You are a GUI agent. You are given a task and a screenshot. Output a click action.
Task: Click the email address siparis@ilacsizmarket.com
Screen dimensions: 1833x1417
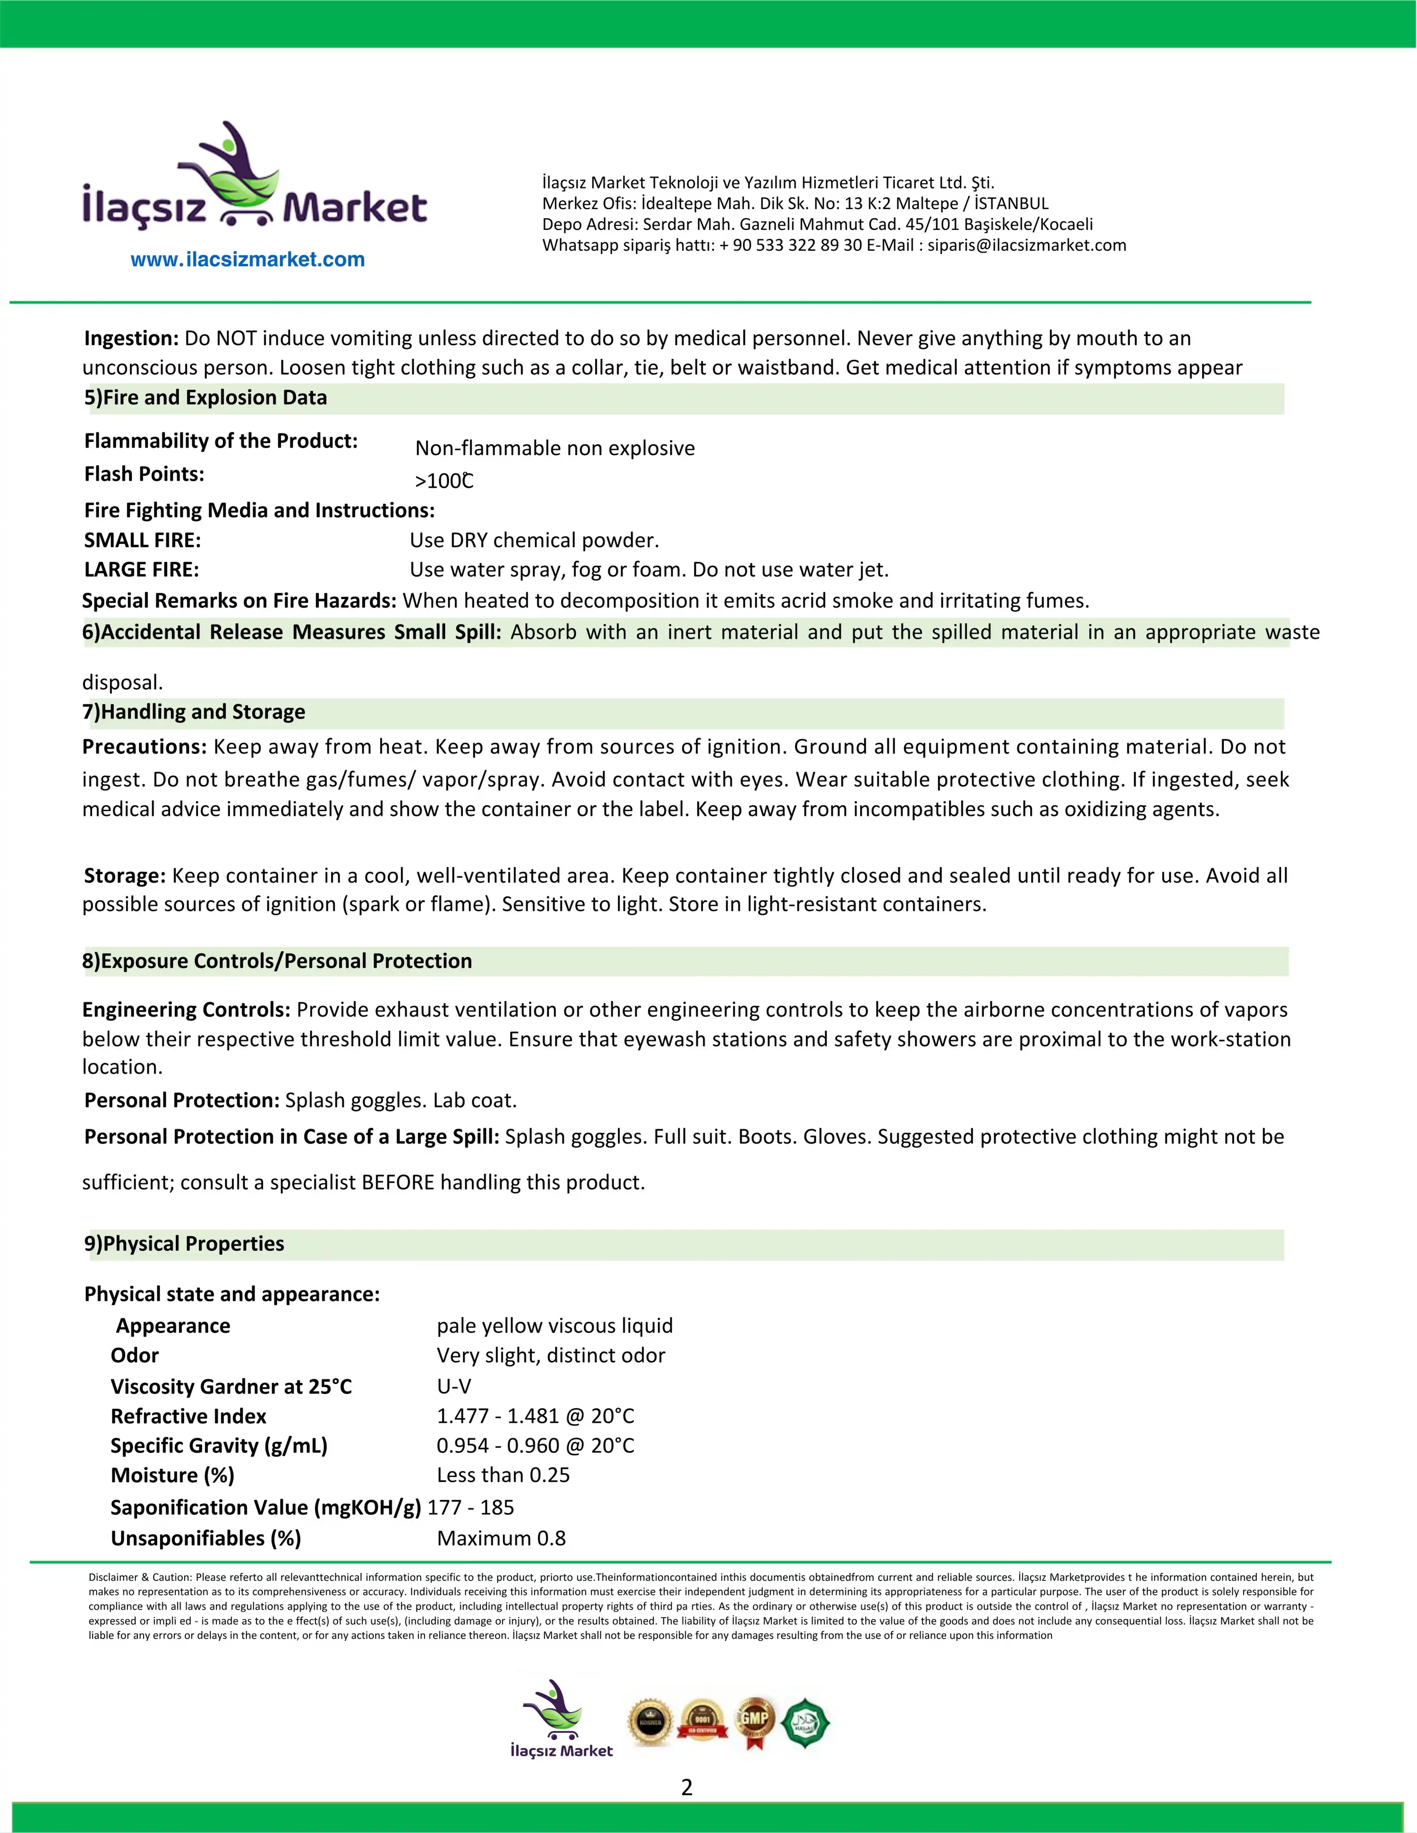(1026, 245)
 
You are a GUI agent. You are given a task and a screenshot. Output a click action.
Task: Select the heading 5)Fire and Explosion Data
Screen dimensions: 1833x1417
(205, 398)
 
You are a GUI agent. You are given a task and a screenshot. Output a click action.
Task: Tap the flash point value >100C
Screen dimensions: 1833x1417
(444, 481)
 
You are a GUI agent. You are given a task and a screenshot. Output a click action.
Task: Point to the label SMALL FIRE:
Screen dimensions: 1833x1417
(143, 541)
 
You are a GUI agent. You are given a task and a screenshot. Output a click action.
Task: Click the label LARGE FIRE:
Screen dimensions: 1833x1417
(142, 570)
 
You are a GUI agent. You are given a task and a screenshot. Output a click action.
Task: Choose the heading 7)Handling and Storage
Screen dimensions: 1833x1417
(194, 712)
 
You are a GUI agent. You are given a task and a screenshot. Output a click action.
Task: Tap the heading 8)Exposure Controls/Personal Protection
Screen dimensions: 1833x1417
(277, 961)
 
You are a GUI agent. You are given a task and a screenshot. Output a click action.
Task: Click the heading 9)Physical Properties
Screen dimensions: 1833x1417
(185, 1244)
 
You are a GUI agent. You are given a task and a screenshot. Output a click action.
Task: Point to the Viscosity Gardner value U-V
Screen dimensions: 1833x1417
(454, 1386)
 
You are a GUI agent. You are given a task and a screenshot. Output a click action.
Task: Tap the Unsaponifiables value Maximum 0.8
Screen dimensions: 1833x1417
(501, 1538)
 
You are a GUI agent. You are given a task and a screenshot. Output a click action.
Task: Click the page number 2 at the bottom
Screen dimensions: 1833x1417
(687, 1788)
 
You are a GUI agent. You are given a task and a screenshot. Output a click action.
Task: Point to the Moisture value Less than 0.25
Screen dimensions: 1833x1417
(503, 1476)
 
